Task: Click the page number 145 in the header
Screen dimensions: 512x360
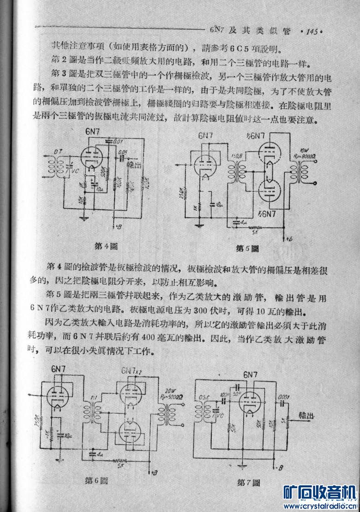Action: pyautogui.click(x=310, y=32)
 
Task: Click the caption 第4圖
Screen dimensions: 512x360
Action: pyautogui.click(x=104, y=246)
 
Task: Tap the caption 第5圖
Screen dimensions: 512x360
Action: pyautogui.click(x=247, y=248)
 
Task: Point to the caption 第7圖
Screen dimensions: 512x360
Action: pyautogui.click(x=248, y=482)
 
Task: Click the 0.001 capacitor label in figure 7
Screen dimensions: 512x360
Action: pyautogui.click(x=282, y=395)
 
